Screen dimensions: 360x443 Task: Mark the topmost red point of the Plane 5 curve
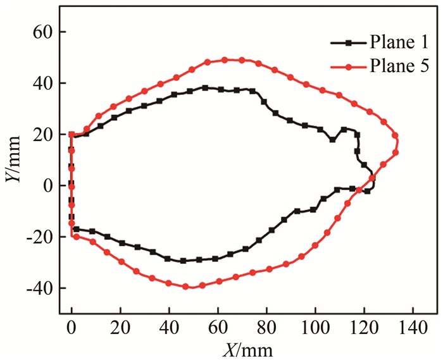[x=225, y=60]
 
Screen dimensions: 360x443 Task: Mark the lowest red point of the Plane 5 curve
[x=186, y=287]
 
